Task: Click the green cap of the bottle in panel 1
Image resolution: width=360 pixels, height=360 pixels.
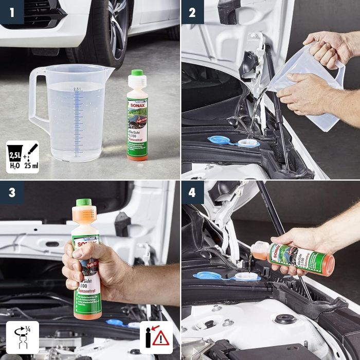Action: coord(136,75)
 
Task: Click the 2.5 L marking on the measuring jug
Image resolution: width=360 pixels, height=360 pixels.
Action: coord(77,89)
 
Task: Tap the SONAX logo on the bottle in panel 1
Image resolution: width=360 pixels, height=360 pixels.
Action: coord(137,103)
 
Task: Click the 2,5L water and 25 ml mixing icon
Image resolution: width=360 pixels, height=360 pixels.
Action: coord(22,156)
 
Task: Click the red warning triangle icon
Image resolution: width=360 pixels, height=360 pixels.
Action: coord(160,338)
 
